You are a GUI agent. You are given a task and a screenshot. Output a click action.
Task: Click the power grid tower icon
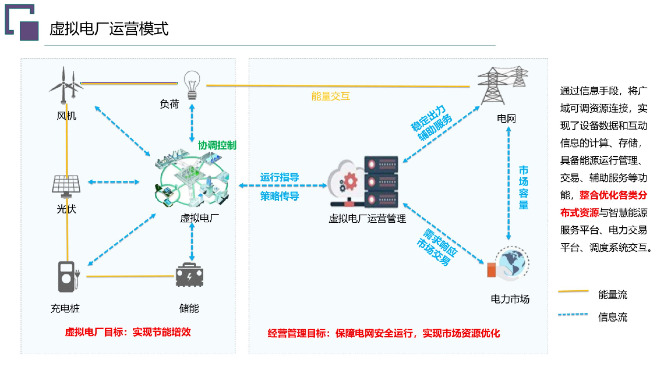click(501, 86)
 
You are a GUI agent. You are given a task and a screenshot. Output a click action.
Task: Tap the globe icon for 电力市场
click(511, 263)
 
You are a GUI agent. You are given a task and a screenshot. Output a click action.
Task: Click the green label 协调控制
click(217, 145)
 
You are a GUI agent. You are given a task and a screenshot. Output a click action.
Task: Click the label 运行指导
click(280, 177)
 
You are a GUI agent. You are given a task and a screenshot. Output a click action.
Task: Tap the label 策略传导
click(280, 196)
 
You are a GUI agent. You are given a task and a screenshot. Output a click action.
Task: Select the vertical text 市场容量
click(523, 187)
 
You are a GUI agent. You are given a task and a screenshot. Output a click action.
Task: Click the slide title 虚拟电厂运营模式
click(109, 29)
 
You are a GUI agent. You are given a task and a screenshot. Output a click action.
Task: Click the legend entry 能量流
click(612, 294)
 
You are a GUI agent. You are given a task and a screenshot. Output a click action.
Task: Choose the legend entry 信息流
click(612, 317)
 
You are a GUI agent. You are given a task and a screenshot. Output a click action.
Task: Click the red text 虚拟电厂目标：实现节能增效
click(128, 332)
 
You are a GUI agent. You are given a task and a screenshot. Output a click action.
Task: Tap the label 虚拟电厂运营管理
click(367, 219)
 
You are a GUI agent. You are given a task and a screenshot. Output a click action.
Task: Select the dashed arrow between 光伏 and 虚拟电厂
click(114, 182)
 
